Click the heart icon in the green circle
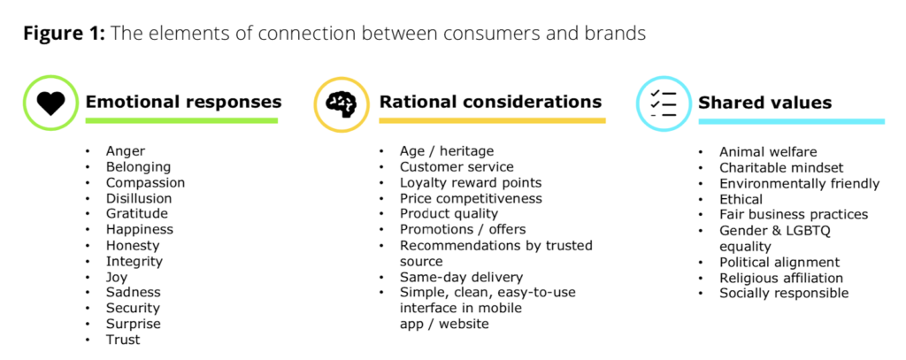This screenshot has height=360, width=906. coord(50,103)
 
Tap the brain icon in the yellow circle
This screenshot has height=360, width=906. coord(341,104)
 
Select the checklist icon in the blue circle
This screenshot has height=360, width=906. coord(664,104)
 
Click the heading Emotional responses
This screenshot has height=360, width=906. coord(184,103)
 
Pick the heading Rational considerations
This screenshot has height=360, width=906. coord(490,102)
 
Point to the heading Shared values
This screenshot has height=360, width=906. coord(765,103)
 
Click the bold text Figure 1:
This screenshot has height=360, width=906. coord(64,34)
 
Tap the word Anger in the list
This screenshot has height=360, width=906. coord(126,151)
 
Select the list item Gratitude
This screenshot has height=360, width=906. coord(137,213)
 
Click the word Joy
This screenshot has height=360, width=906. coord(117,278)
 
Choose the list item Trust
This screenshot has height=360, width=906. coord(123,339)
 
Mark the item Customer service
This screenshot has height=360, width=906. coord(457,167)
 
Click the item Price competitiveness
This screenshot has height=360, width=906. coord(471,199)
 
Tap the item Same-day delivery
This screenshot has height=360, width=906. coord(461,278)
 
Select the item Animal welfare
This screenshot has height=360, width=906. coord(768,152)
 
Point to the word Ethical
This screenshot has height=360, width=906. coord(741,199)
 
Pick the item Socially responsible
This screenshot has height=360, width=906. coord(784,294)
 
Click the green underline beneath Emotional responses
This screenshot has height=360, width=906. coord(181,121)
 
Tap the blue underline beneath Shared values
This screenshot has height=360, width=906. coord(792,121)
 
